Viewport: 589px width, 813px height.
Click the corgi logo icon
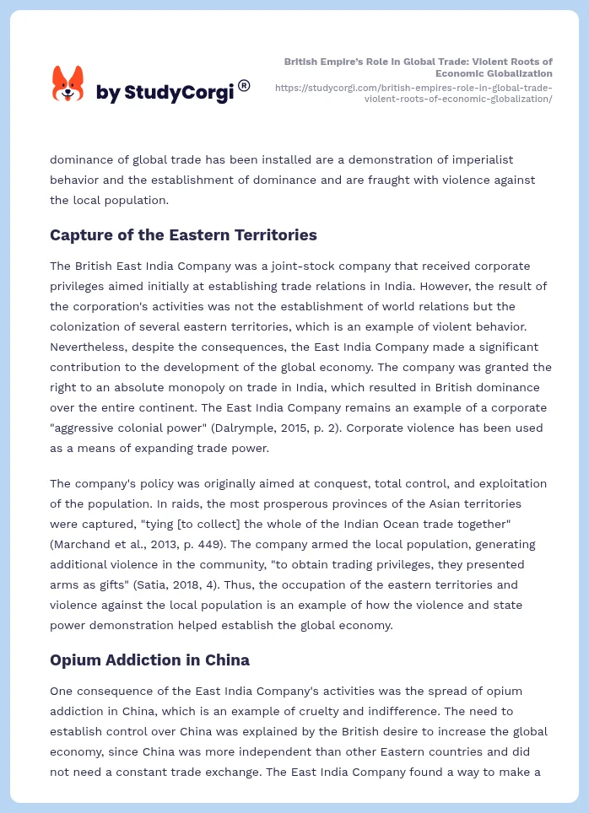coord(68,83)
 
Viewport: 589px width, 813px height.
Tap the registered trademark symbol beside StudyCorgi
coord(244,85)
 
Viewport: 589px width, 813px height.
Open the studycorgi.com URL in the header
coord(414,93)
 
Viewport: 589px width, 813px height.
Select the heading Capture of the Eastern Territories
coord(183,234)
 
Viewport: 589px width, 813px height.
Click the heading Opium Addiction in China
coord(149,660)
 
